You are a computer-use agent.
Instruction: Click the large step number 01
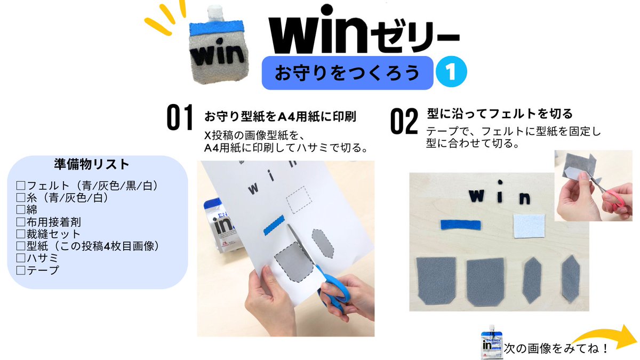point(179,118)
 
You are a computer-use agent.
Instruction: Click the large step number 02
point(404,122)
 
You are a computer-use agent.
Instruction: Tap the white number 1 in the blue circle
point(451,73)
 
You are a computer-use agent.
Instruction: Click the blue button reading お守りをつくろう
point(347,73)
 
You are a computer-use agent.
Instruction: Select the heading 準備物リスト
point(92,163)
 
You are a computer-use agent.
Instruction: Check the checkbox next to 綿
point(21,210)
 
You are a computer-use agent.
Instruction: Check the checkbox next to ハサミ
point(21,258)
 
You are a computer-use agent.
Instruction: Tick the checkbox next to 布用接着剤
point(21,222)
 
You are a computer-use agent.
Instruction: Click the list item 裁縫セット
point(53,234)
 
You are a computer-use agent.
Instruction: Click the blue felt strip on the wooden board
point(461,224)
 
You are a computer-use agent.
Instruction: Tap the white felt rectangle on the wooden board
point(529,226)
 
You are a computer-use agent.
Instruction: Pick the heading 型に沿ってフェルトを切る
point(500,114)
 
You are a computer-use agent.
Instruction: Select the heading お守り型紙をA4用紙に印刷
point(280,116)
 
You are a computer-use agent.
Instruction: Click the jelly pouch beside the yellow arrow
point(491,343)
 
